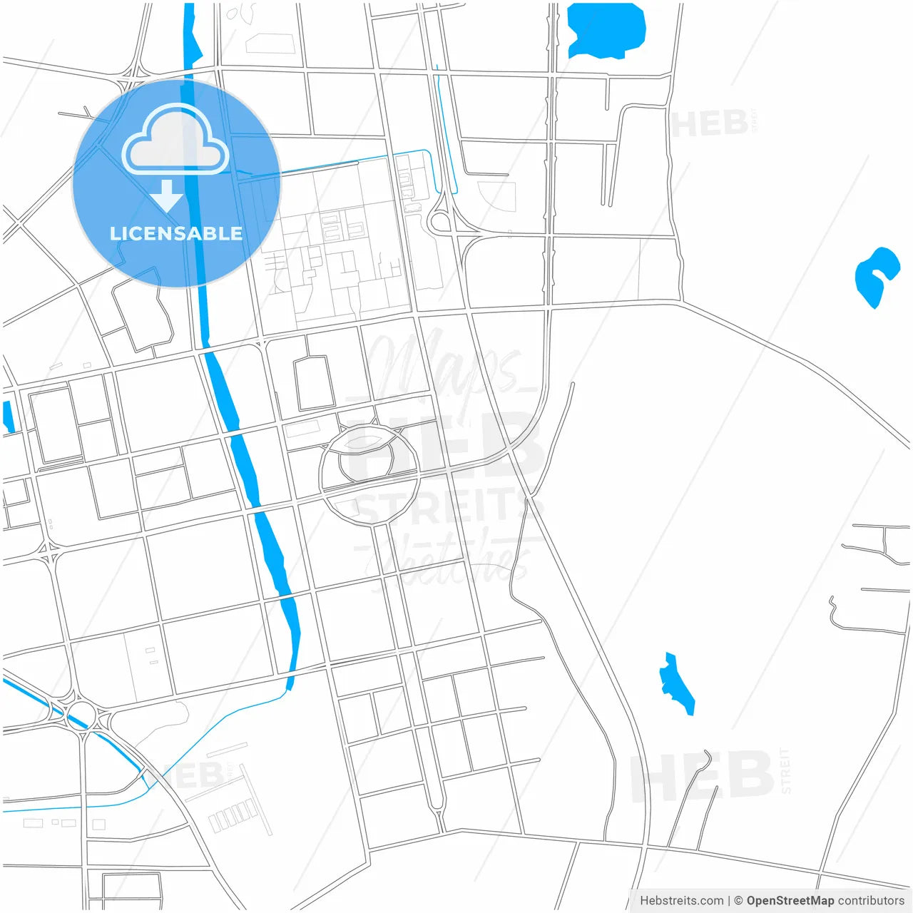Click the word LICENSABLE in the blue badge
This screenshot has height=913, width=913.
point(176,233)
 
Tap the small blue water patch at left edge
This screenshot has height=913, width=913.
point(8,417)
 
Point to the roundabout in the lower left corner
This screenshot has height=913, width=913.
point(83,713)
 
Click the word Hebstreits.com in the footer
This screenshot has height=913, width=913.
point(681,901)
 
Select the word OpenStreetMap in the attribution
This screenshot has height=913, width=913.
point(790,901)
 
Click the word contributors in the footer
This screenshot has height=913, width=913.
point(871,901)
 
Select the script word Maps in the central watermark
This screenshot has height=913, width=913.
point(446,367)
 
